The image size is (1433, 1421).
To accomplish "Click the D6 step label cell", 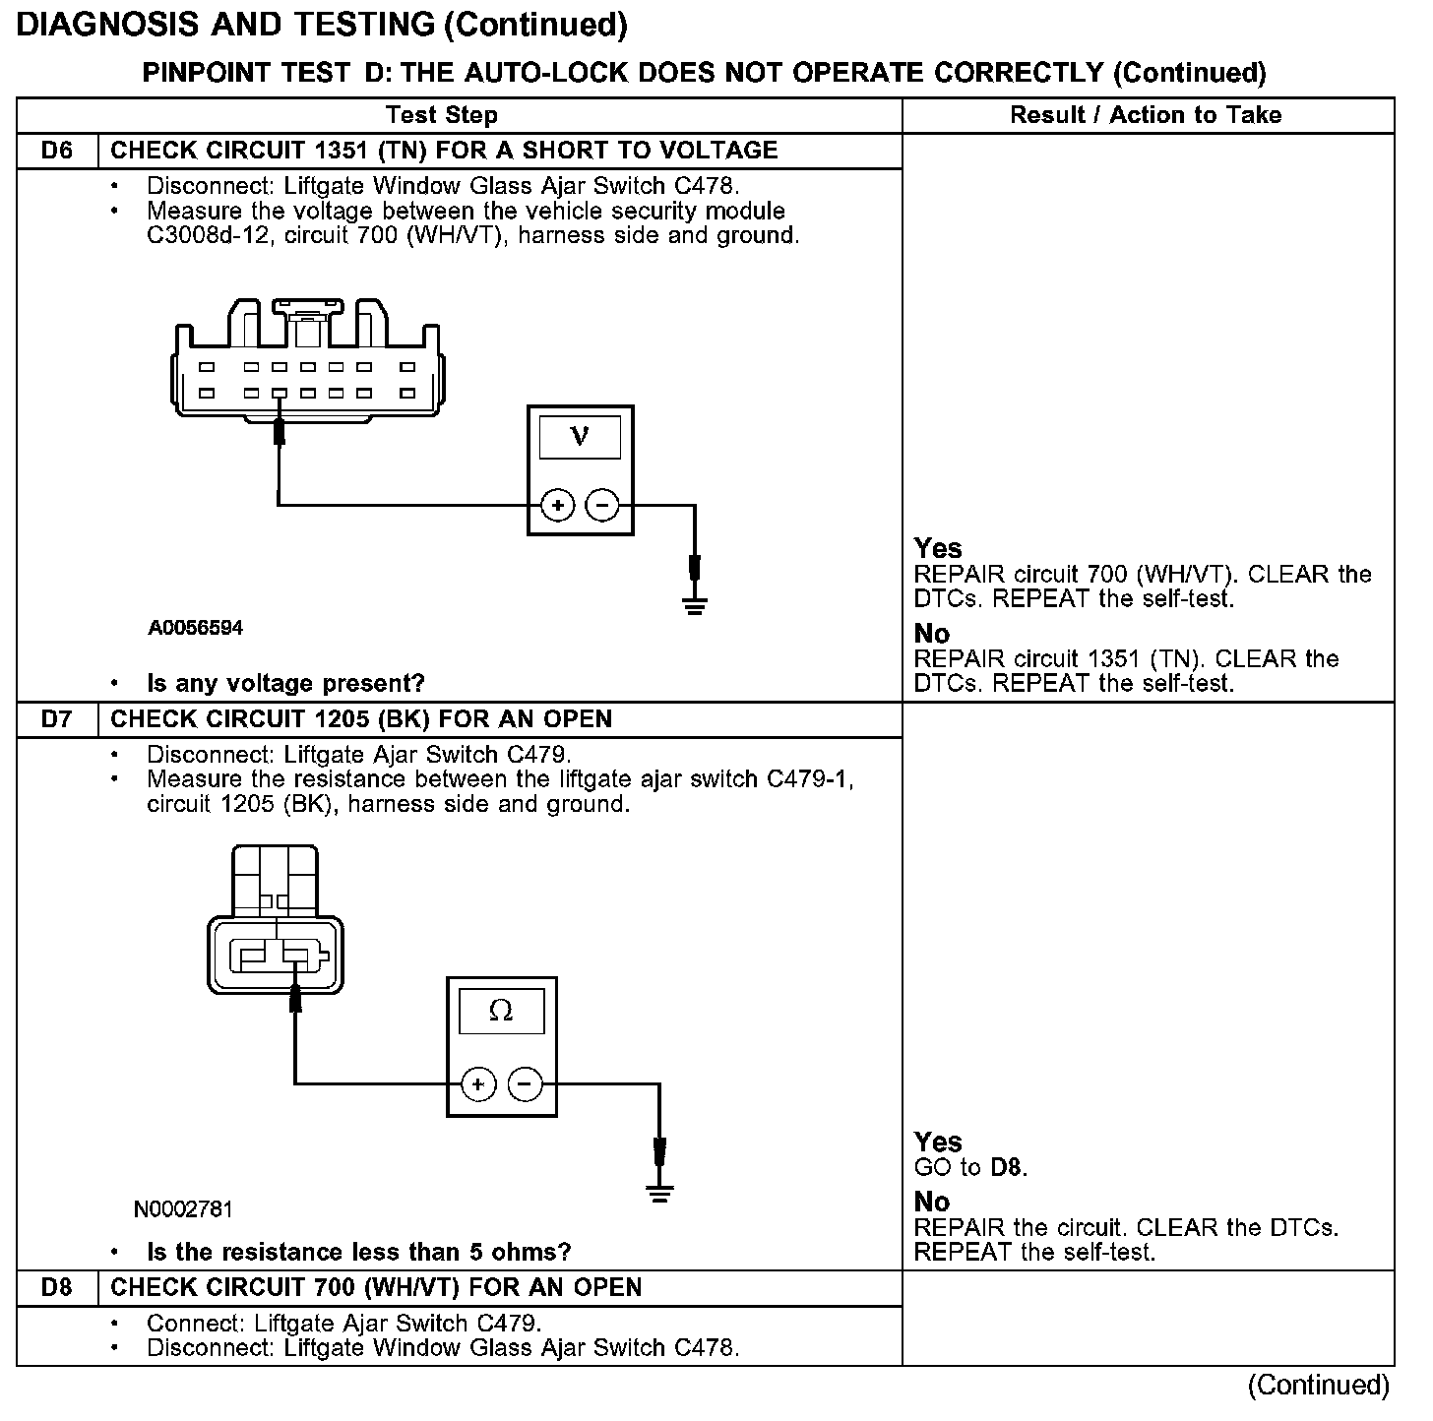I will (57, 151).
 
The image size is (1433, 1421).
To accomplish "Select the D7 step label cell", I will (57, 719).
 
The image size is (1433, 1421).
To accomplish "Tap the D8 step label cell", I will (57, 1288).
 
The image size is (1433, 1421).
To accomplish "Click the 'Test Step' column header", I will (442, 115).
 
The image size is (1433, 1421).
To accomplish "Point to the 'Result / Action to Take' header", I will (1146, 115).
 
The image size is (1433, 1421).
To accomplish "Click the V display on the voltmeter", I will (580, 436).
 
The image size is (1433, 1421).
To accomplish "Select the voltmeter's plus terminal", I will (557, 506).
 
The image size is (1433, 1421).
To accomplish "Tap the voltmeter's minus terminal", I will (602, 506).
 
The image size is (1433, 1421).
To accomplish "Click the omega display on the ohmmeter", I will (501, 1011).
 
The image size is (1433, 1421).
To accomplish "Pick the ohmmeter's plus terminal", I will (477, 1084).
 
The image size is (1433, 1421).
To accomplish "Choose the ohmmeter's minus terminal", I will (524, 1084).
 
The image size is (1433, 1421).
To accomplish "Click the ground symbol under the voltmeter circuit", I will (695, 603).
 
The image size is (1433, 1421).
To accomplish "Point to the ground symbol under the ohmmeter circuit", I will (659, 1193).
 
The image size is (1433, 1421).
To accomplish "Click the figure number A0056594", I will (196, 628).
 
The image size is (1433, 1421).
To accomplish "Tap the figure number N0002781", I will (183, 1208).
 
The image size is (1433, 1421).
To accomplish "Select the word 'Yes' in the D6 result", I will (938, 548).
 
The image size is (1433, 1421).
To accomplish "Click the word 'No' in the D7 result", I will (931, 1202).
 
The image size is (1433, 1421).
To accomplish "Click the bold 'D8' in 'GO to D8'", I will (1008, 1168).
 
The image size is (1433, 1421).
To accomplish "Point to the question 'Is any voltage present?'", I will (285, 683).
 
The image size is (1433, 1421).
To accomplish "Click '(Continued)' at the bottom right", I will (1318, 1386).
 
